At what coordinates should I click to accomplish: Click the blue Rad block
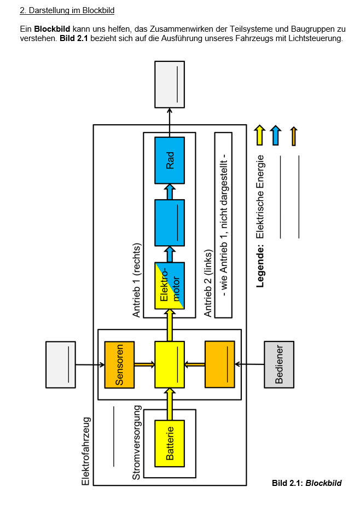point(170,160)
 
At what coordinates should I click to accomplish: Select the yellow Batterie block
point(170,443)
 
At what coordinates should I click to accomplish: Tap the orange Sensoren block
point(119,364)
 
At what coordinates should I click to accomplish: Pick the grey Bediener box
point(279,364)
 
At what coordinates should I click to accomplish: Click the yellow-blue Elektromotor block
point(170,286)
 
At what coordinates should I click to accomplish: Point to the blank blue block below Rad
point(170,223)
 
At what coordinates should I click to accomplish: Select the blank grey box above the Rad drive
point(170,84)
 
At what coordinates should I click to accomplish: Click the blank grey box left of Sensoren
point(60,364)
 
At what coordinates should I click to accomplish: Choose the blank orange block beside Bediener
point(220,364)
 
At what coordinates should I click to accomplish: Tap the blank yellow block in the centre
point(170,364)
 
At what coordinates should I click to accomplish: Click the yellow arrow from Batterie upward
point(170,404)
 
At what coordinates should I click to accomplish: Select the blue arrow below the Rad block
point(170,191)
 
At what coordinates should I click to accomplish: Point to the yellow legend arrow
point(260,135)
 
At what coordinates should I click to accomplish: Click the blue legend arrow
point(276,135)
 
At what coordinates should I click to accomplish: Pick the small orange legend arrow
point(294,136)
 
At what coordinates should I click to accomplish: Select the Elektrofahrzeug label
point(85,451)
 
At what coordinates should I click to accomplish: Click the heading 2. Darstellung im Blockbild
point(67,10)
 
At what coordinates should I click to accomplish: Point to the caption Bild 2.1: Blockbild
point(306,483)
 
